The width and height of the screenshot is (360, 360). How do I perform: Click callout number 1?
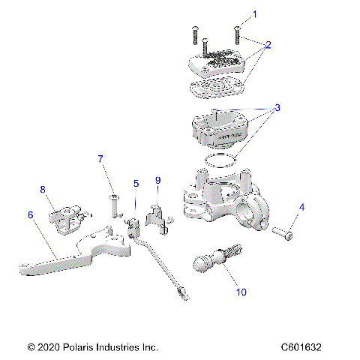(x=253, y=14)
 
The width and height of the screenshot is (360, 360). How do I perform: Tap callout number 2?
(x=268, y=45)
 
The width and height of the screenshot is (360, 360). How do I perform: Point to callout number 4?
(x=301, y=207)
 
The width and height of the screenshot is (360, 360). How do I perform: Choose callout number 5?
(x=136, y=183)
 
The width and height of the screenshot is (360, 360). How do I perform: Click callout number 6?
(x=31, y=215)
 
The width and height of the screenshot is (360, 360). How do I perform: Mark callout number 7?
(x=100, y=159)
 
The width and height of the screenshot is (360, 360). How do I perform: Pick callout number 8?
(x=43, y=189)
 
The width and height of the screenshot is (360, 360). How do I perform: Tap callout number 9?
(x=157, y=181)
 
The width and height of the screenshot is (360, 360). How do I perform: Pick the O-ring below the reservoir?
(x=223, y=160)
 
